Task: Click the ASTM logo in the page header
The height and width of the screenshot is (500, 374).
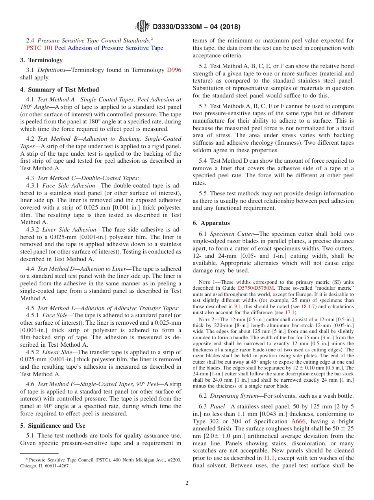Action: (142, 27)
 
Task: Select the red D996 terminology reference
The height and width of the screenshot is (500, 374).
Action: (174, 70)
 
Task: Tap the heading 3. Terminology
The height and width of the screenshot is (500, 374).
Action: (41, 60)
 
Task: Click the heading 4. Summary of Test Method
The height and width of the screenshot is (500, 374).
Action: (59, 90)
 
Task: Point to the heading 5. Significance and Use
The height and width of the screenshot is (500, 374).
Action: (53, 426)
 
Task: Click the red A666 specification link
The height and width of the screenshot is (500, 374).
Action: (298, 421)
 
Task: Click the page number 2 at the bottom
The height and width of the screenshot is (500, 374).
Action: (187, 483)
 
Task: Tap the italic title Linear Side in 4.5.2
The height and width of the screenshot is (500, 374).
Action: (57, 352)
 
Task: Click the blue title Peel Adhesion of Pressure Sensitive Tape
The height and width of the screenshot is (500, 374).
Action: (109, 48)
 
